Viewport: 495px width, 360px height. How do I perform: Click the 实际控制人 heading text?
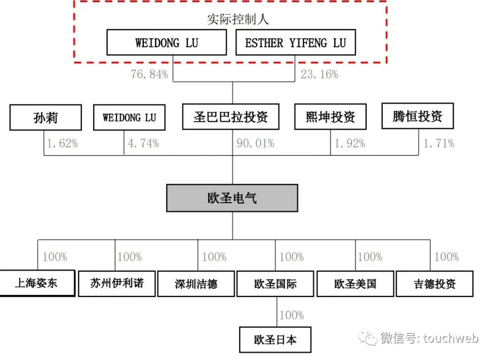(237, 20)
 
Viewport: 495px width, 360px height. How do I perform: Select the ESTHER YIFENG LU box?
(295, 43)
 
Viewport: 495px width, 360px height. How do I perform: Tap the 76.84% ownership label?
(149, 74)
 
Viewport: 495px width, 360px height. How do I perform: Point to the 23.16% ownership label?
(319, 74)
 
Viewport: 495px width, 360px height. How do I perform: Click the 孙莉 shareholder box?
(45, 117)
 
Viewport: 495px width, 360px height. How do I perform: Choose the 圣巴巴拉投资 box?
(231, 116)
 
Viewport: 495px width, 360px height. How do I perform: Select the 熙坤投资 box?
(330, 116)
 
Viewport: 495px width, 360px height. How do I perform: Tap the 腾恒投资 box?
(417, 116)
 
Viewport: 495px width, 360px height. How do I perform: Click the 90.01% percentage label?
(255, 144)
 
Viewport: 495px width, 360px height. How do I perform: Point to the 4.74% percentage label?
(143, 144)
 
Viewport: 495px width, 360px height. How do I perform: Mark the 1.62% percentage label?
(62, 144)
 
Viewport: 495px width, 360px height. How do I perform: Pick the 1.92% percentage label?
(349, 144)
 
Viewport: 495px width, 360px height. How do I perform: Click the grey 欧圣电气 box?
(232, 198)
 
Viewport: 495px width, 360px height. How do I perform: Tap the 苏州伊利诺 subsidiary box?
(116, 283)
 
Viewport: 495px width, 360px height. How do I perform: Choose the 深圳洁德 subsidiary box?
(196, 284)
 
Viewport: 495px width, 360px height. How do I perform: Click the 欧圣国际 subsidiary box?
(275, 284)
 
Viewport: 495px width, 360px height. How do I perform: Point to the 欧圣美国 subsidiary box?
(355, 284)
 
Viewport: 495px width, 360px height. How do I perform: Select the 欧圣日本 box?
(275, 340)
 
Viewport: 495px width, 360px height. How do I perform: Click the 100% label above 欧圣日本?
(291, 315)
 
